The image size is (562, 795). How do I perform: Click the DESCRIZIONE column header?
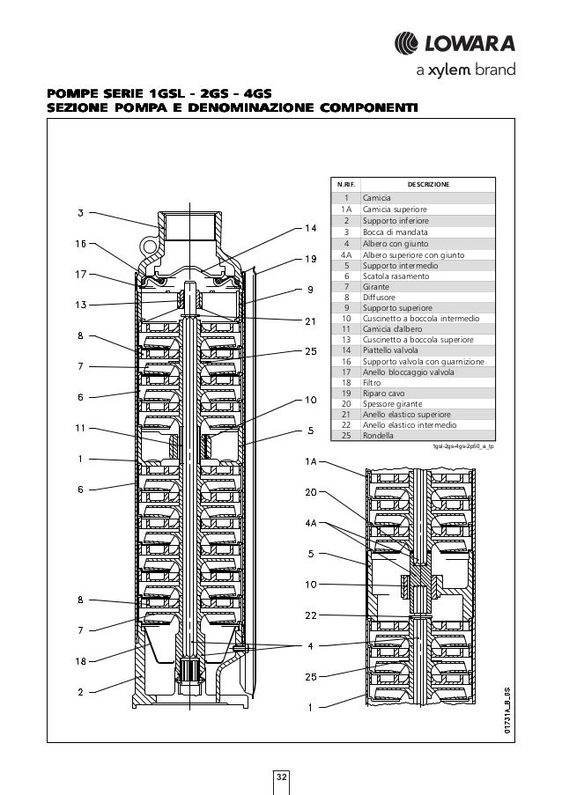click(x=428, y=185)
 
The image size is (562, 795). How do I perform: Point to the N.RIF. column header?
click(x=346, y=185)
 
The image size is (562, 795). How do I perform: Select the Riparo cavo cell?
click(x=385, y=393)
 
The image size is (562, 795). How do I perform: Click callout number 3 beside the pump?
click(x=81, y=211)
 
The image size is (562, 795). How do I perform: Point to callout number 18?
click(x=80, y=659)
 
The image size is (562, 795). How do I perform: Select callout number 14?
click(x=311, y=229)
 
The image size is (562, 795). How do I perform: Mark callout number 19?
click(x=311, y=259)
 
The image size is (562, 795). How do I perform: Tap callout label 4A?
click(x=311, y=523)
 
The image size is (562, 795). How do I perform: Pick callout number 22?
click(x=311, y=615)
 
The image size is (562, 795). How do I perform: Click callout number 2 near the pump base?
click(x=80, y=691)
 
